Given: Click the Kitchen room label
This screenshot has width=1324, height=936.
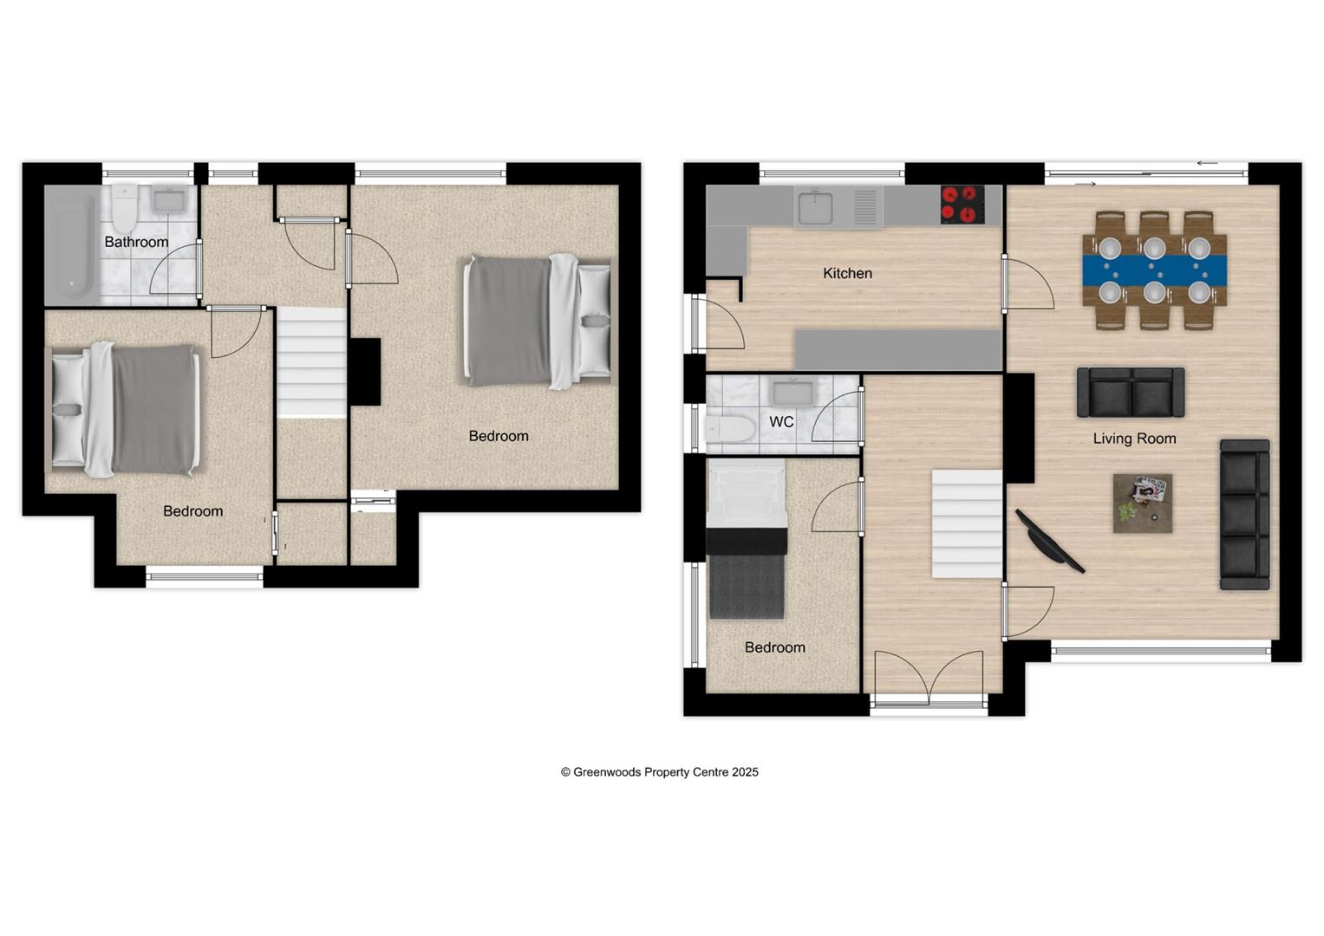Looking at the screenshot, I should (x=847, y=273).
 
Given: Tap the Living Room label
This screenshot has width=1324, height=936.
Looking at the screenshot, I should (x=1134, y=439).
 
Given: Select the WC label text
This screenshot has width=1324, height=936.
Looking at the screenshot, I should (x=781, y=422).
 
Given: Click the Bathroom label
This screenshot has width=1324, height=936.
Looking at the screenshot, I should (x=136, y=242).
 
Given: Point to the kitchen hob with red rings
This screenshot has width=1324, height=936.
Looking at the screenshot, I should (x=962, y=205).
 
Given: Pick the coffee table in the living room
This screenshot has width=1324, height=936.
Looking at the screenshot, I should (x=1143, y=503).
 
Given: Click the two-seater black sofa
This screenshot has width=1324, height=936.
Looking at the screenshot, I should (x=1131, y=393).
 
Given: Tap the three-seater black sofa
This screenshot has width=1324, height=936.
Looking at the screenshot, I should (x=1244, y=515).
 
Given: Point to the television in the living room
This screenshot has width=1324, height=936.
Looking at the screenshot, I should (x=1050, y=542).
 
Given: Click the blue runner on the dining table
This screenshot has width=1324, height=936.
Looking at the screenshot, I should (x=1154, y=269).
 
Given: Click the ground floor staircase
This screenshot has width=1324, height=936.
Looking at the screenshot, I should (x=967, y=523).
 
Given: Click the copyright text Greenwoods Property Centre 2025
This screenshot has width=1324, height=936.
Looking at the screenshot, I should (x=659, y=772).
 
